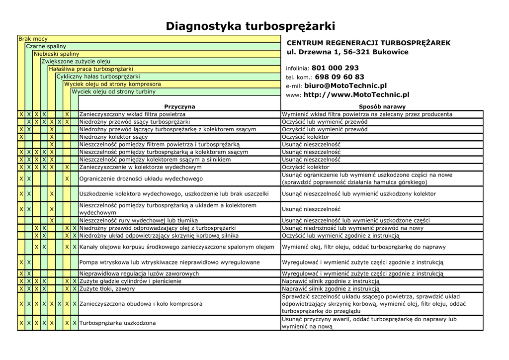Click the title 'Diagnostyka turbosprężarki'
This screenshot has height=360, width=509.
point(250,26)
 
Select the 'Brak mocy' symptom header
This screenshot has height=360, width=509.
point(33,39)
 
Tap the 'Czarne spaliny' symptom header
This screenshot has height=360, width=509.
point(46,46)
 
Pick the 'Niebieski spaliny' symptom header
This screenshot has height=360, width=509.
point(56,54)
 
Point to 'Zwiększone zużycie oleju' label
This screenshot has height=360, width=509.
point(76,61)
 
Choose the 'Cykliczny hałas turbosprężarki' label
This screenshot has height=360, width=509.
point(98,77)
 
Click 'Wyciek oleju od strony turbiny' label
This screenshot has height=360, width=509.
point(114,91)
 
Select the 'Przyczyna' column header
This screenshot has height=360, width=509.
point(179,106)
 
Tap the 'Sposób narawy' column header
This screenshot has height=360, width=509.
point(382,106)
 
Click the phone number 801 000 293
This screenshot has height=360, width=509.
point(335,68)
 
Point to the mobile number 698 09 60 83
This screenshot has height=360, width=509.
point(339,77)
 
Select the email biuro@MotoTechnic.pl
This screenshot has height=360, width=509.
point(345,86)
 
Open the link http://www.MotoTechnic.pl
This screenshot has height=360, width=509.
point(356,94)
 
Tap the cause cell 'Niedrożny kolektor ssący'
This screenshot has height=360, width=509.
point(113,137)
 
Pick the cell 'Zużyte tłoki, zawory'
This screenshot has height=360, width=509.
point(107,288)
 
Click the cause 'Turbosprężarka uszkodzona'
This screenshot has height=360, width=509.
point(117,323)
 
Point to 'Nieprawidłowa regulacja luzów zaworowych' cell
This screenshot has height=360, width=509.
point(139,273)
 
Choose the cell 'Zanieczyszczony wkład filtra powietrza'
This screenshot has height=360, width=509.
point(132,114)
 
